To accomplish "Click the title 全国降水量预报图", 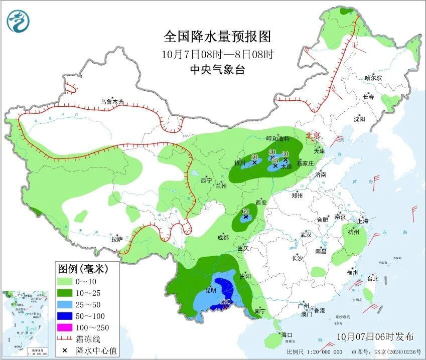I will (x=217, y=37).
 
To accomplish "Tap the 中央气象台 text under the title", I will (x=217, y=70).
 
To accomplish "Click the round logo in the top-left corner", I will (x=18, y=21).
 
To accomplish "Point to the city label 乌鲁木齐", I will (x=111, y=101).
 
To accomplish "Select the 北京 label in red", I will (x=313, y=135).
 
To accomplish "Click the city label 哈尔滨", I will (x=373, y=78).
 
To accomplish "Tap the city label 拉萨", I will (x=116, y=239).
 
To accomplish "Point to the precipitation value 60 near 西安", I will (x=245, y=211).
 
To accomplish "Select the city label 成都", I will (x=223, y=237).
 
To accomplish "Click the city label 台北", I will (x=372, y=279).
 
